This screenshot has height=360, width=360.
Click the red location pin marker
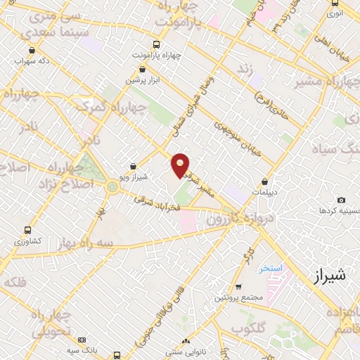[181, 165]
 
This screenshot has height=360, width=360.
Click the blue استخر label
[269, 269]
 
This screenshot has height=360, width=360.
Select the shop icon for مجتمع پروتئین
[239, 287]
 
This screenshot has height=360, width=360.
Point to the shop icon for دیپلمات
[264, 181]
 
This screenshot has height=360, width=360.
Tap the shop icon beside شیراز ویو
[133, 166]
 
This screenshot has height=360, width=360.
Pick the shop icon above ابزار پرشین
[143, 70]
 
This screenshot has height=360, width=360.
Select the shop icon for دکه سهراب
[34, 50]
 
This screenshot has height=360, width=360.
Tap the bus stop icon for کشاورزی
[27, 230]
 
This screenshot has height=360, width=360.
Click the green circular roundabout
[112, 186]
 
